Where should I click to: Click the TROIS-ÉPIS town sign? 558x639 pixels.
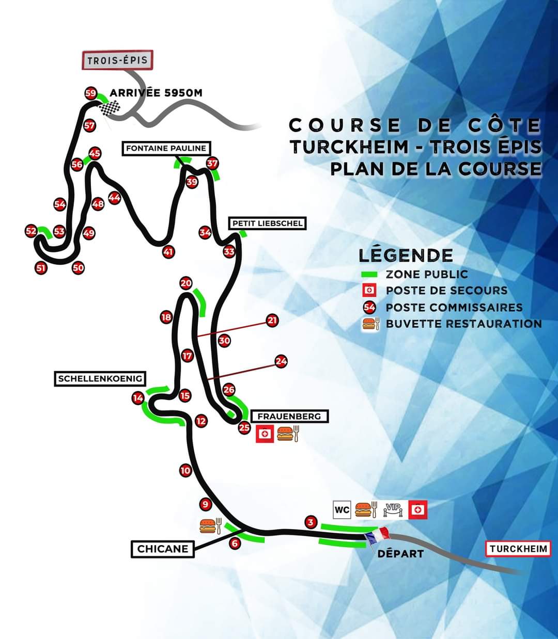coord(118,60)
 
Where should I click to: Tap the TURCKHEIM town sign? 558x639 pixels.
coord(518,548)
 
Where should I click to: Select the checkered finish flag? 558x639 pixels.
coord(110,108)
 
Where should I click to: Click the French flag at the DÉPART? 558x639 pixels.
coord(377,536)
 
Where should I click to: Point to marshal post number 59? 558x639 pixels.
coord(91,93)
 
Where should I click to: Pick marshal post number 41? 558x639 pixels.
coord(168,252)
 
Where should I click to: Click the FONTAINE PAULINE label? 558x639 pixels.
coord(166,148)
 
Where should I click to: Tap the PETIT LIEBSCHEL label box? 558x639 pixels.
coord(267,223)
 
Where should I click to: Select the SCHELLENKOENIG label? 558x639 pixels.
coord(100,378)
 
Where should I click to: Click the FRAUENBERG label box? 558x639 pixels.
coord(289,416)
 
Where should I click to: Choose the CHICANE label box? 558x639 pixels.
coord(163,549)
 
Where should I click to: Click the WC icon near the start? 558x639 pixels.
coord(342,510)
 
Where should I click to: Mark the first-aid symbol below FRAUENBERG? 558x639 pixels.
coord(265,434)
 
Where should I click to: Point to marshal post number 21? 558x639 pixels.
coord(272,321)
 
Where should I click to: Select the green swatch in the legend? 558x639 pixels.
coord(369,274)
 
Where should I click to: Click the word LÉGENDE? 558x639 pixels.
coord(406,255)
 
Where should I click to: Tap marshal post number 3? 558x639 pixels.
coord(311,522)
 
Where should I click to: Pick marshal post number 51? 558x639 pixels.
coord(41,267)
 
